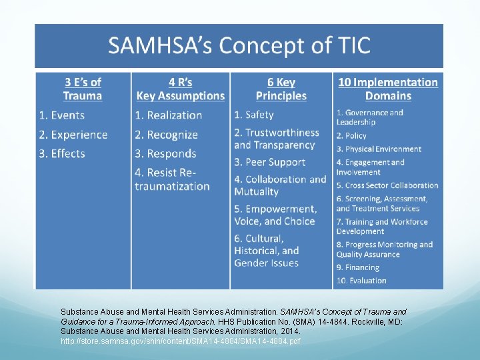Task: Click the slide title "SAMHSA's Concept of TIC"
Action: click(x=239, y=46)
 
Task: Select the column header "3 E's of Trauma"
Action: click(x=83, y=89)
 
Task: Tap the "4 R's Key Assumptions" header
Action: click(x=180, y=89)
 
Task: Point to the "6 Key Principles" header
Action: click(x=281, y=89)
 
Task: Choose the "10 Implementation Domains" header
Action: click(x=388, y=89)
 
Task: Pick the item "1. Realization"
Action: click(x=168, y=116)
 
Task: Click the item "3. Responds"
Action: click(x=165, y=153)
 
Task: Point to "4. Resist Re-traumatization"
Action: click(x=172, y=179)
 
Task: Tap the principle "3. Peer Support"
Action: click(x=269, y=162)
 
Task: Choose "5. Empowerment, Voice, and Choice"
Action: click(x=275, y=215)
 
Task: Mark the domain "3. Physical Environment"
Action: click(x=379, y=149)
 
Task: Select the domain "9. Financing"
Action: click(x=357, y=267)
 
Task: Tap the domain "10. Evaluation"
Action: click(x=361, y=281)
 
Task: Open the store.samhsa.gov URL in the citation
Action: click(x=181, y=341)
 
